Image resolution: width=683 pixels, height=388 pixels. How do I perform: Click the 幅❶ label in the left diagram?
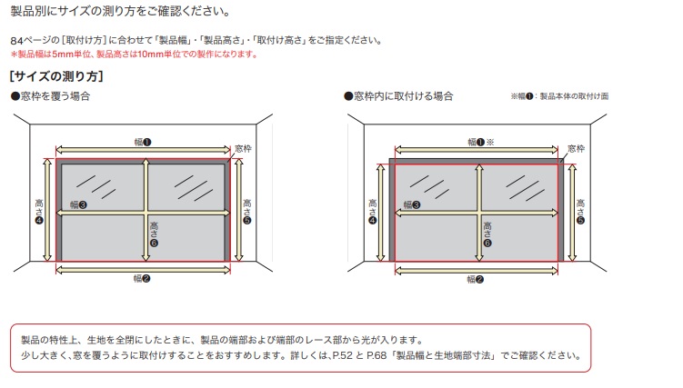[x=143, y=142]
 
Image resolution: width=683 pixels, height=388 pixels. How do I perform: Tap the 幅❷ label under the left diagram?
[x=142, y=278]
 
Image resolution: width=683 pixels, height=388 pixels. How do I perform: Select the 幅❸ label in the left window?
[x=78, y=204]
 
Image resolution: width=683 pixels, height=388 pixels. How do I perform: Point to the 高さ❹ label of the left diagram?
[x=39, y=212]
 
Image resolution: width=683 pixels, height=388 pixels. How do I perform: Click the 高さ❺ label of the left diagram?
[x=247, y=212]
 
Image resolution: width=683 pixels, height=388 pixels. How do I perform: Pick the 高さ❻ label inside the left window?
[x=154, y=234]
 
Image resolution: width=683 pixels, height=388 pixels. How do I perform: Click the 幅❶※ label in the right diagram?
[x=481, y=142]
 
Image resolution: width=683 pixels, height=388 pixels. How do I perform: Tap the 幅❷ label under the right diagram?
[x=476, y=279]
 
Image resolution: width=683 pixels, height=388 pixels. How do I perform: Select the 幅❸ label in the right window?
[x=412, y=204]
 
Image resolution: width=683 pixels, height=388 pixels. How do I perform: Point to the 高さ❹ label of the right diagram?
[x=373, y=212]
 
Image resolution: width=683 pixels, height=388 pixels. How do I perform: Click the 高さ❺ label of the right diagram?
[x=580, y=212]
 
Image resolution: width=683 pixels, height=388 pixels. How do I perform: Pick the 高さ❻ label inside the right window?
[x=487, y=234]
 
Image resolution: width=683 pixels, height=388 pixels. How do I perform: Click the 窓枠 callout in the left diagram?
[x=243, y=149]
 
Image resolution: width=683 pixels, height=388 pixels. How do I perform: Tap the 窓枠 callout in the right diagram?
[x=577, y=149]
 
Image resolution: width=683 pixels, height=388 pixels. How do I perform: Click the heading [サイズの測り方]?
[x=56, y=76]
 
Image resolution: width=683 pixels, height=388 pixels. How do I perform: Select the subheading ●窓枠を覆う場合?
[x=51, y=96]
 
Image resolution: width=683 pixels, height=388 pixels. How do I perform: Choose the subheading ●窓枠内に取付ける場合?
[x=398, y=96]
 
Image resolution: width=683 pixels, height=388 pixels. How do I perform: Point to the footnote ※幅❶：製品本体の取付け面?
[x=559, y=96]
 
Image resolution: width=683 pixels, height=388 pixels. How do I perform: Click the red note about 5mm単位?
[x=135, y=55]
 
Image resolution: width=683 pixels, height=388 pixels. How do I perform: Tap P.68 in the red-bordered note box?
[x=377, y=355]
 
